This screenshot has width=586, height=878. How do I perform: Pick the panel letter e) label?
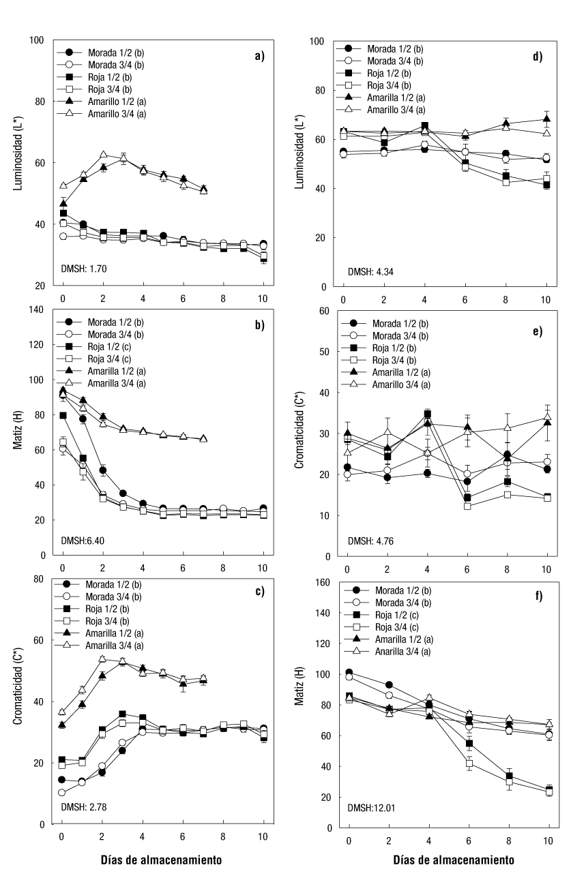(538, 332)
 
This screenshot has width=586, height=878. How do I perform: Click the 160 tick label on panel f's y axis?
(323, 582)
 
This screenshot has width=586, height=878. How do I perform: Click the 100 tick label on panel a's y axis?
(38, 41)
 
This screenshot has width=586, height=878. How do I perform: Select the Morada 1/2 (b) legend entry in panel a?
(111, 52)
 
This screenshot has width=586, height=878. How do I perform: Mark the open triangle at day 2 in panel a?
(104, 155)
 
